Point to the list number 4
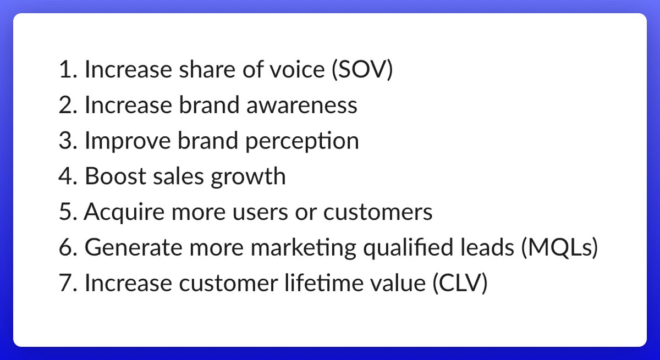tap(68, 176)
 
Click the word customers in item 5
tap(378, 212)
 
